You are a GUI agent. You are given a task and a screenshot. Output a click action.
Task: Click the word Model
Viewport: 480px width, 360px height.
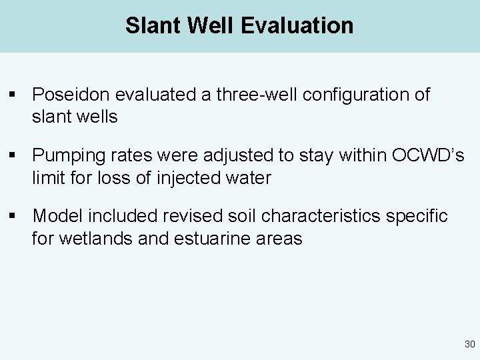(57, 216)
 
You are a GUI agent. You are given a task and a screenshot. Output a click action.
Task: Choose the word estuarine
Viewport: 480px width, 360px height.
(205, 238)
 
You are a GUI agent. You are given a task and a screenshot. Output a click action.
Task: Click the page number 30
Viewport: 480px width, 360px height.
(469, 345)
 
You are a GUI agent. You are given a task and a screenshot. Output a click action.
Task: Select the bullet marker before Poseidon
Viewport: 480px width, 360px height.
(13, 95)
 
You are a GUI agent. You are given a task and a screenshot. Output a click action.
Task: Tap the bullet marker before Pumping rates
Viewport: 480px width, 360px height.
(13, 156)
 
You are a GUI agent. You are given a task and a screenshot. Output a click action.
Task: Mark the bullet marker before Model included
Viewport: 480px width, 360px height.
(13, 217)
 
